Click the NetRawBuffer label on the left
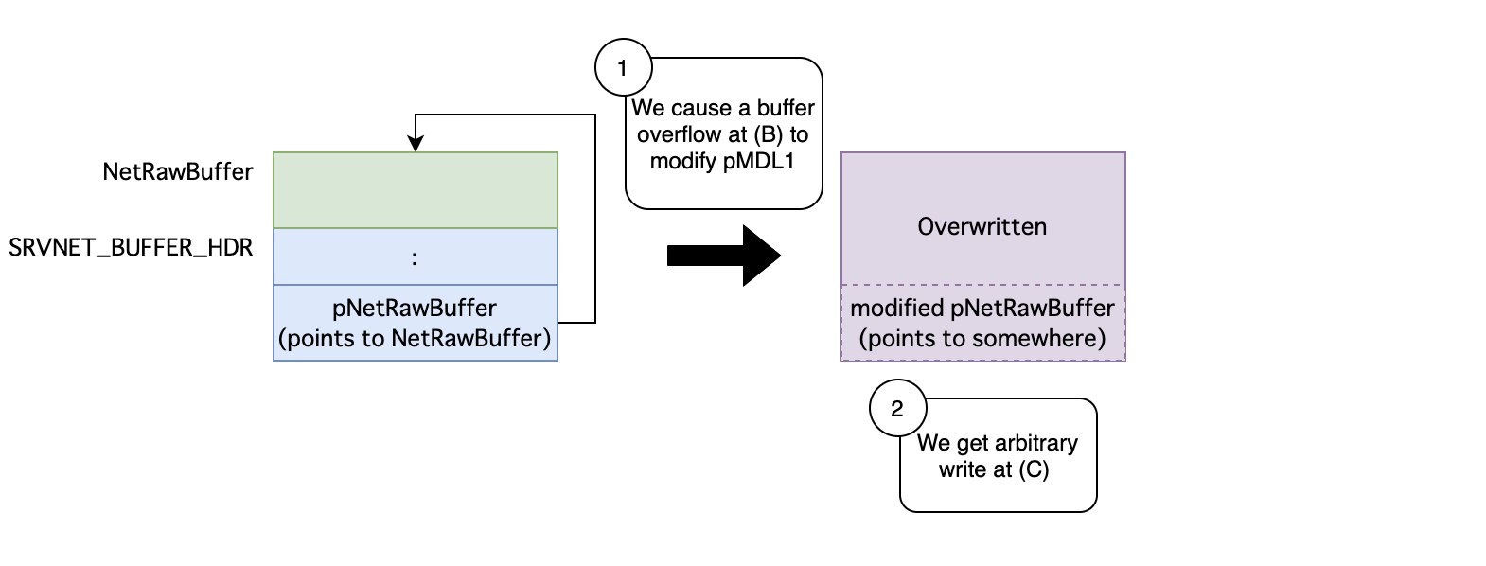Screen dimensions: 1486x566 click(178, 172)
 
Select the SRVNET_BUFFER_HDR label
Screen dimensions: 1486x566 click(131, 248)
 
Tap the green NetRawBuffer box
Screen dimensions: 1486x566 click(416, 190)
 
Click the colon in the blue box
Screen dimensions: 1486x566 click(415, 258)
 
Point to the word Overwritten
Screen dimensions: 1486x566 click(982, 227)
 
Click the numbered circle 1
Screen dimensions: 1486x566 click(624, 67)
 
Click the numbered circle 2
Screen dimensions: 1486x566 click(897, 408)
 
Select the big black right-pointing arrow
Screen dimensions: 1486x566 click(724, 256)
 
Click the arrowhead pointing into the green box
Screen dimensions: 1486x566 click(416, 143)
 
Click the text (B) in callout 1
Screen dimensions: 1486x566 click(769, 134)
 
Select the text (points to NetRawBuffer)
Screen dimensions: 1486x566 click(415, 339)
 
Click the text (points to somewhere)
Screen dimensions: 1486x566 click(982, 339)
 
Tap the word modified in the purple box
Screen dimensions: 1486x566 click(897, 308)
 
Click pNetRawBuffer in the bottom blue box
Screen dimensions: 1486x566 click(415, 308)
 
